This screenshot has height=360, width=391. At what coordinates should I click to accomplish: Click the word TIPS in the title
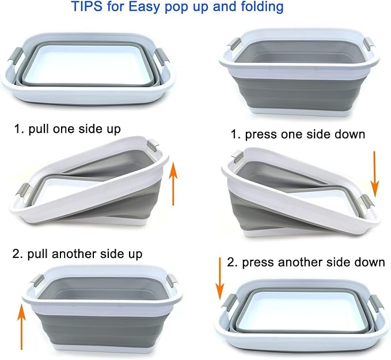[x=86, y=6]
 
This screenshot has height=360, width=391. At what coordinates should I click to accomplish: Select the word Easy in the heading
[x=145, y=7]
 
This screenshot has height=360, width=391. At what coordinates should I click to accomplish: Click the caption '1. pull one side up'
[x=67, y=129]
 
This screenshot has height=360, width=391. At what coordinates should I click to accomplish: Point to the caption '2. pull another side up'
[x=77, y=254]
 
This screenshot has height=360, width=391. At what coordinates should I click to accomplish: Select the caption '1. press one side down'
[x=298, y=134]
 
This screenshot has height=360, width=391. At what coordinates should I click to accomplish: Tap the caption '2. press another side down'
[x=306, y=263]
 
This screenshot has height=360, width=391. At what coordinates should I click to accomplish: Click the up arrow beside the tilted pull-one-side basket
[x=173, y=183]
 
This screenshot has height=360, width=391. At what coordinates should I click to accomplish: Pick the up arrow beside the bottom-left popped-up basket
[x=21, y=327]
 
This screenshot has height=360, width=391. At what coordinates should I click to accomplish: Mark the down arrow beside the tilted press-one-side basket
[x=374, y=174]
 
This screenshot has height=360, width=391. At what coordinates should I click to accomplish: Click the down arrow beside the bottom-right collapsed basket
[x=220, y=278]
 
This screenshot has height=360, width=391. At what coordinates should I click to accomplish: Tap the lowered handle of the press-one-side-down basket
[x=367, y=201]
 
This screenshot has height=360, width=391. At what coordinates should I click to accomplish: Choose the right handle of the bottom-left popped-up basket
[x=172, y=281]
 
